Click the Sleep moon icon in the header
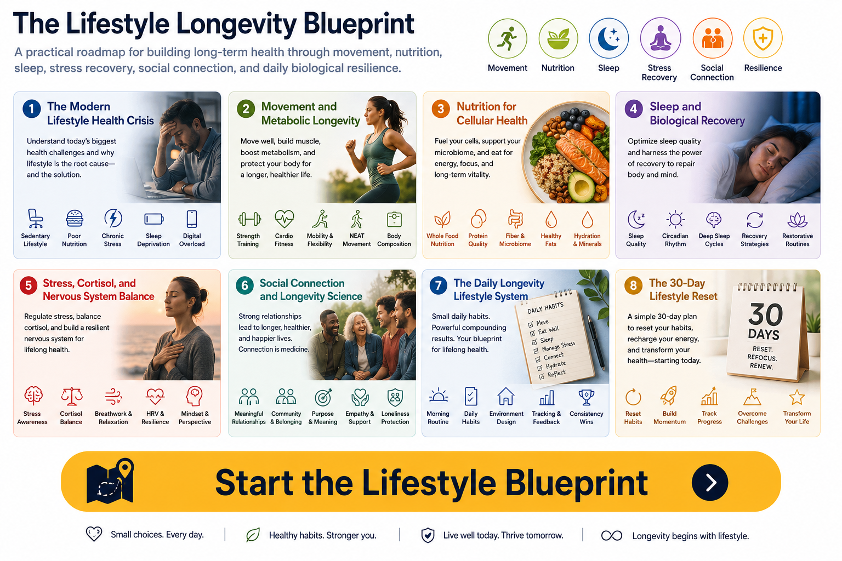(608, 38)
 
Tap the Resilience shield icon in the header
(763, 38)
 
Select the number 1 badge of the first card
(32, 108)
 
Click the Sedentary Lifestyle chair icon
(35, 219)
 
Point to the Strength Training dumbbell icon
(249, 219)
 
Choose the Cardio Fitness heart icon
(284, 219)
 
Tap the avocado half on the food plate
(581, 186)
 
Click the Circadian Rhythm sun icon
(675, 219)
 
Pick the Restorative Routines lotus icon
(797, 220)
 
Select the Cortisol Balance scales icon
(71, 397)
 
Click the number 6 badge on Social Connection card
(244, 285)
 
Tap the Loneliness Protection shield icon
(395, 397)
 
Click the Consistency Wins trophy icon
(586, 397)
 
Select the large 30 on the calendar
(765, 314)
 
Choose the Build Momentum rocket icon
(669, 396)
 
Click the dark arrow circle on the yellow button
(710, 482)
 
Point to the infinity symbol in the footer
(612, 535)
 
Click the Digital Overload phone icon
(192, 219)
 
